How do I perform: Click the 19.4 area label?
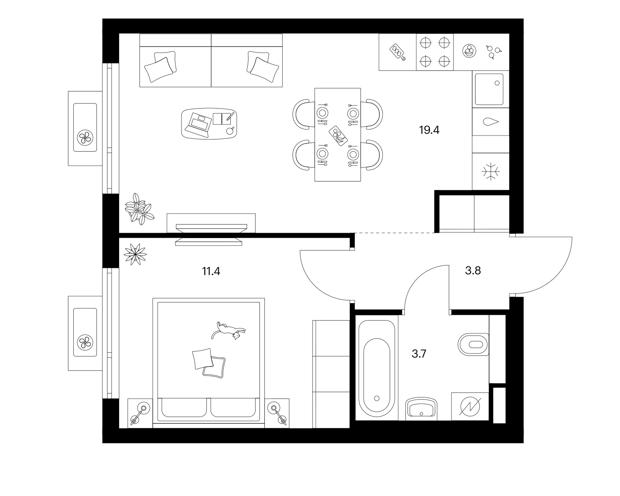(429, 130)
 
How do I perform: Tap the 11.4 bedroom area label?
(211, 271)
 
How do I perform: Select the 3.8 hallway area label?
(473, 270)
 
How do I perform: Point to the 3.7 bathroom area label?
(419, 353)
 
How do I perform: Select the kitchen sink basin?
(489, 89)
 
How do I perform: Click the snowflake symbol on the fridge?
(490, 171)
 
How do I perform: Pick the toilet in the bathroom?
(473, 345)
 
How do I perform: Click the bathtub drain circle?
(377, 399)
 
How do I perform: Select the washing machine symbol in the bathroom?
(470, 407)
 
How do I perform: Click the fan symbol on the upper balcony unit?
(85, 138)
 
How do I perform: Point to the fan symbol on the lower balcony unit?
(85, 343)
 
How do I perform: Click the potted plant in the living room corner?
(139, 209)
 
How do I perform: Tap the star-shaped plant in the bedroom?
(135, 254)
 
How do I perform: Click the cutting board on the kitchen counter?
(397, 52)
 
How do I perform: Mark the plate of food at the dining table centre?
(338, 136)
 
